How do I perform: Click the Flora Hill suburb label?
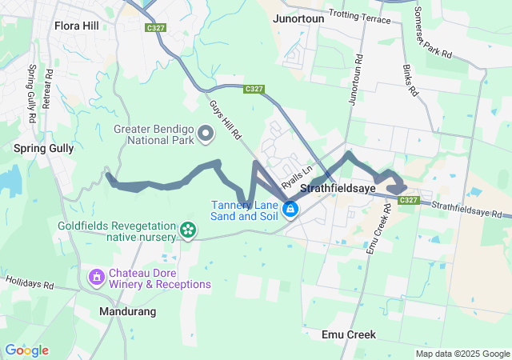(77, 26)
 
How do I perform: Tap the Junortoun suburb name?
(298, 18)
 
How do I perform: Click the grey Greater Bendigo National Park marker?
(206, 133)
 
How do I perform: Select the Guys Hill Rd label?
(226, 121)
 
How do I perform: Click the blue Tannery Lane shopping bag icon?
(290, 210)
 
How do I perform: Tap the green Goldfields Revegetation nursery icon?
(188, 231)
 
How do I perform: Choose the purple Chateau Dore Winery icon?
(96, 278)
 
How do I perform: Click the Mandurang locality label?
(128, 310)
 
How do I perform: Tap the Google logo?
(26, 350)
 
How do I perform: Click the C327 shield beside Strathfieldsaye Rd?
(408, 199)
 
